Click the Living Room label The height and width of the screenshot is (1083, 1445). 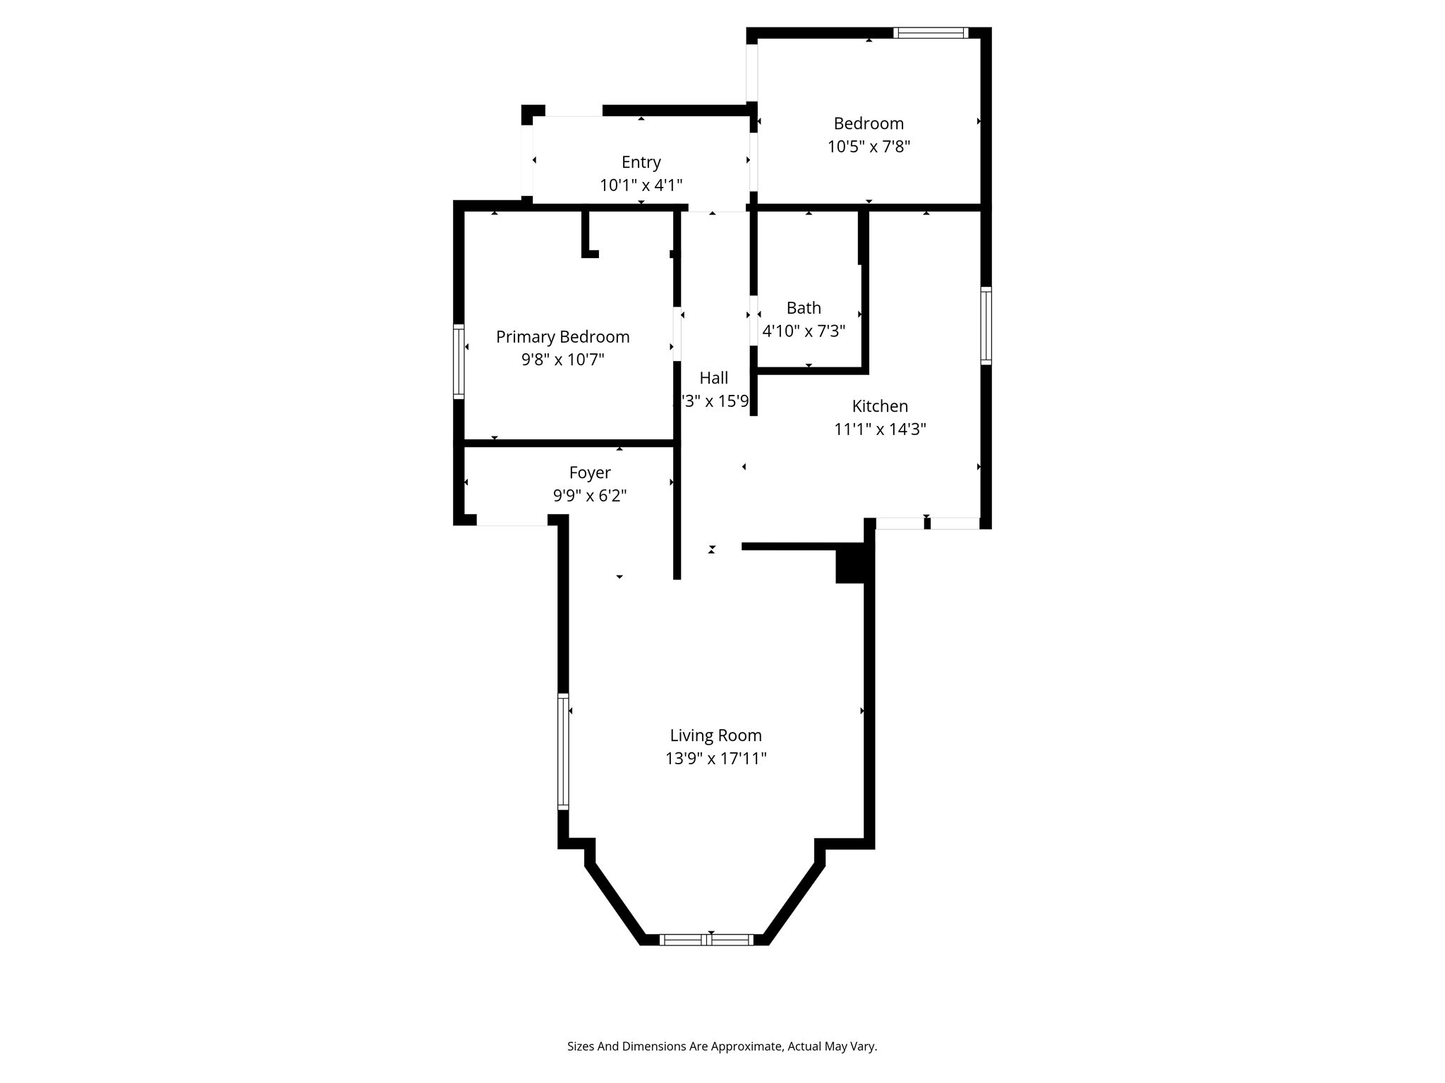click(x=715, y=735)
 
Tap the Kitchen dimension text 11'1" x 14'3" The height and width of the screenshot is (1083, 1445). click(x=880, y=429)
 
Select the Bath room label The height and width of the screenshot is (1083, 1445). click(x=804, y=308)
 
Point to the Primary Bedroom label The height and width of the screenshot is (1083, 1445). click(x=562, y=337)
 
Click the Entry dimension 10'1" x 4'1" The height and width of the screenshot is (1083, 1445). click(x=641, y=185)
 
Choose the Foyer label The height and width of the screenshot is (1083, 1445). click(x=590, y=472)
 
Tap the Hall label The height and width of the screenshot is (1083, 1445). click(x=713, y=378)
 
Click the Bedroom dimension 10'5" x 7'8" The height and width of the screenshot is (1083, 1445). click(x=869, y=147)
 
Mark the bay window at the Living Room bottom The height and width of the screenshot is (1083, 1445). click(x=707, y=939)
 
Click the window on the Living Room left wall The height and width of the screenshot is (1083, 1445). click(x=563, y=751)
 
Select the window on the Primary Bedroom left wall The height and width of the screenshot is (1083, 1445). click(x=459, y=362)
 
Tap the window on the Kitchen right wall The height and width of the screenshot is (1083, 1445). click(x=986, y=326)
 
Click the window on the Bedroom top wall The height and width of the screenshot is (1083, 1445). click(x=931, y=32)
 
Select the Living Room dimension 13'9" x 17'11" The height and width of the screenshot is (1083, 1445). click(x=715, y=759)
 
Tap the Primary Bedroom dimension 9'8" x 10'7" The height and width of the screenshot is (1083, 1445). click(x=562, y=360)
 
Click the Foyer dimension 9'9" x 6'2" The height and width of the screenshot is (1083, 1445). click(x=590, y=496)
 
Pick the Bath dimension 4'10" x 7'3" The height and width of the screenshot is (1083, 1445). click(x=804, y=331)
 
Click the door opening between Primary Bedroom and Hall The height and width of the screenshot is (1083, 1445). click(x=677, y=334)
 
